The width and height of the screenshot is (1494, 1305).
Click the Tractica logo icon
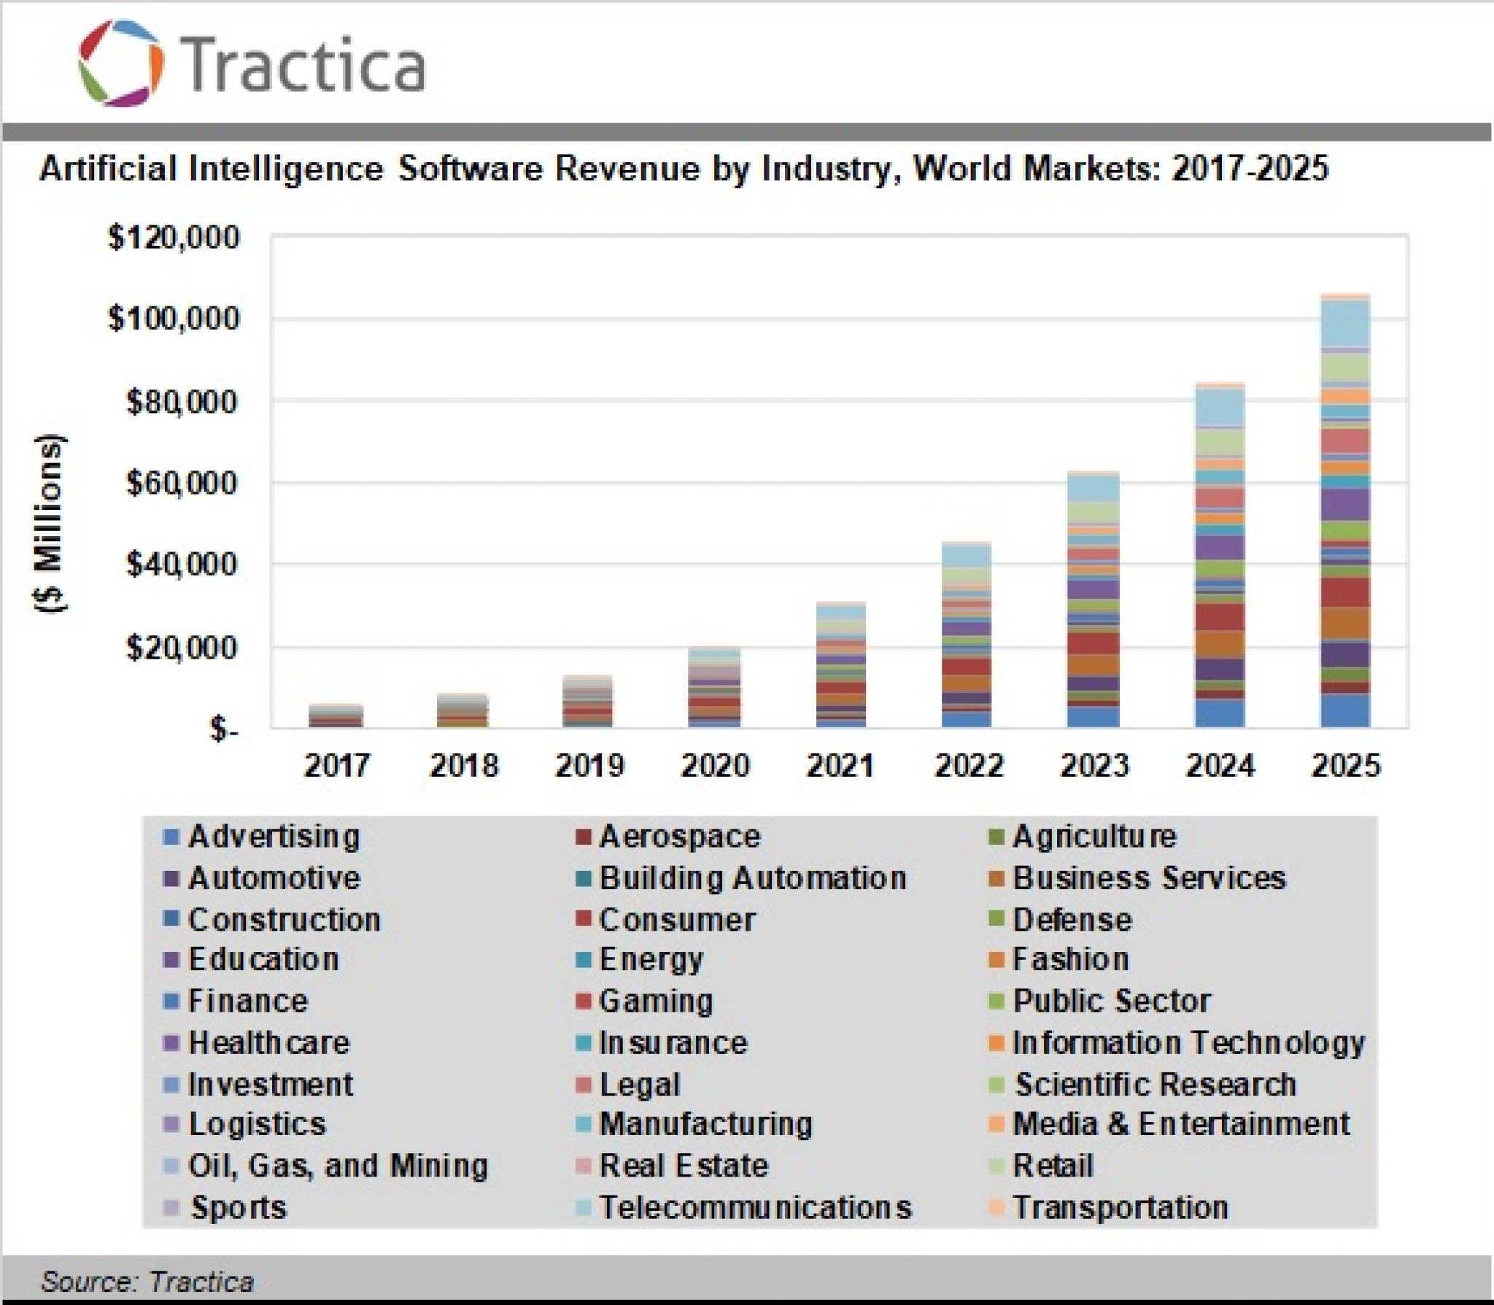coord(120,63)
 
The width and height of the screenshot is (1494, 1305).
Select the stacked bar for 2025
coord(1345,511)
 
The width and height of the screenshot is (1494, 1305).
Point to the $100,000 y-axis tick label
coord(174,319)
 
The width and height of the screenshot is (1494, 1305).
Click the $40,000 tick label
coord(182,565)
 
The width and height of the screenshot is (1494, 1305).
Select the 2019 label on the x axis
coord(589,766)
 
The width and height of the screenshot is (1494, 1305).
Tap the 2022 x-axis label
coord(968,766)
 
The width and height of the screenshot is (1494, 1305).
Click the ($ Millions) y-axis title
coord(50,523)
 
